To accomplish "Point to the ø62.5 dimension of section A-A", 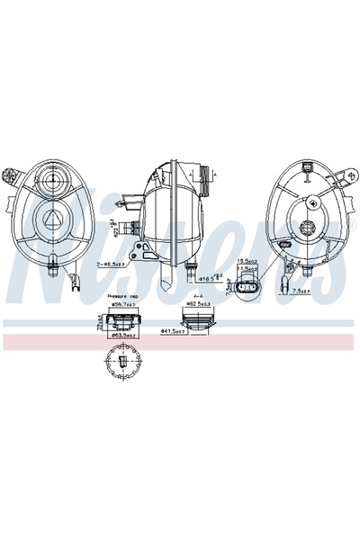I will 198,304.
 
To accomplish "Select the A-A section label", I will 197,294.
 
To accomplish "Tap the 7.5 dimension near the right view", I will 303,292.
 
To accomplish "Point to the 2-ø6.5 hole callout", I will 111,265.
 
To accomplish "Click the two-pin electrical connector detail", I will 248,286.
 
